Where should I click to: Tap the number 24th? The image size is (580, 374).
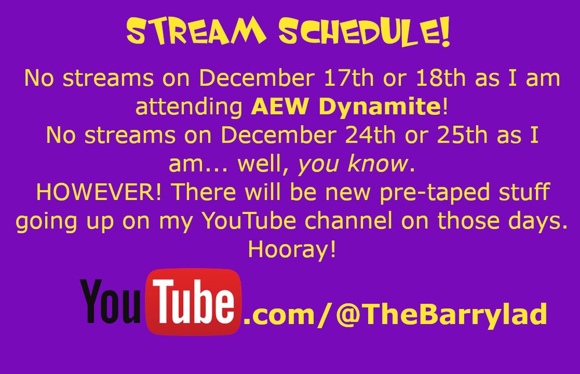[365, 136]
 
